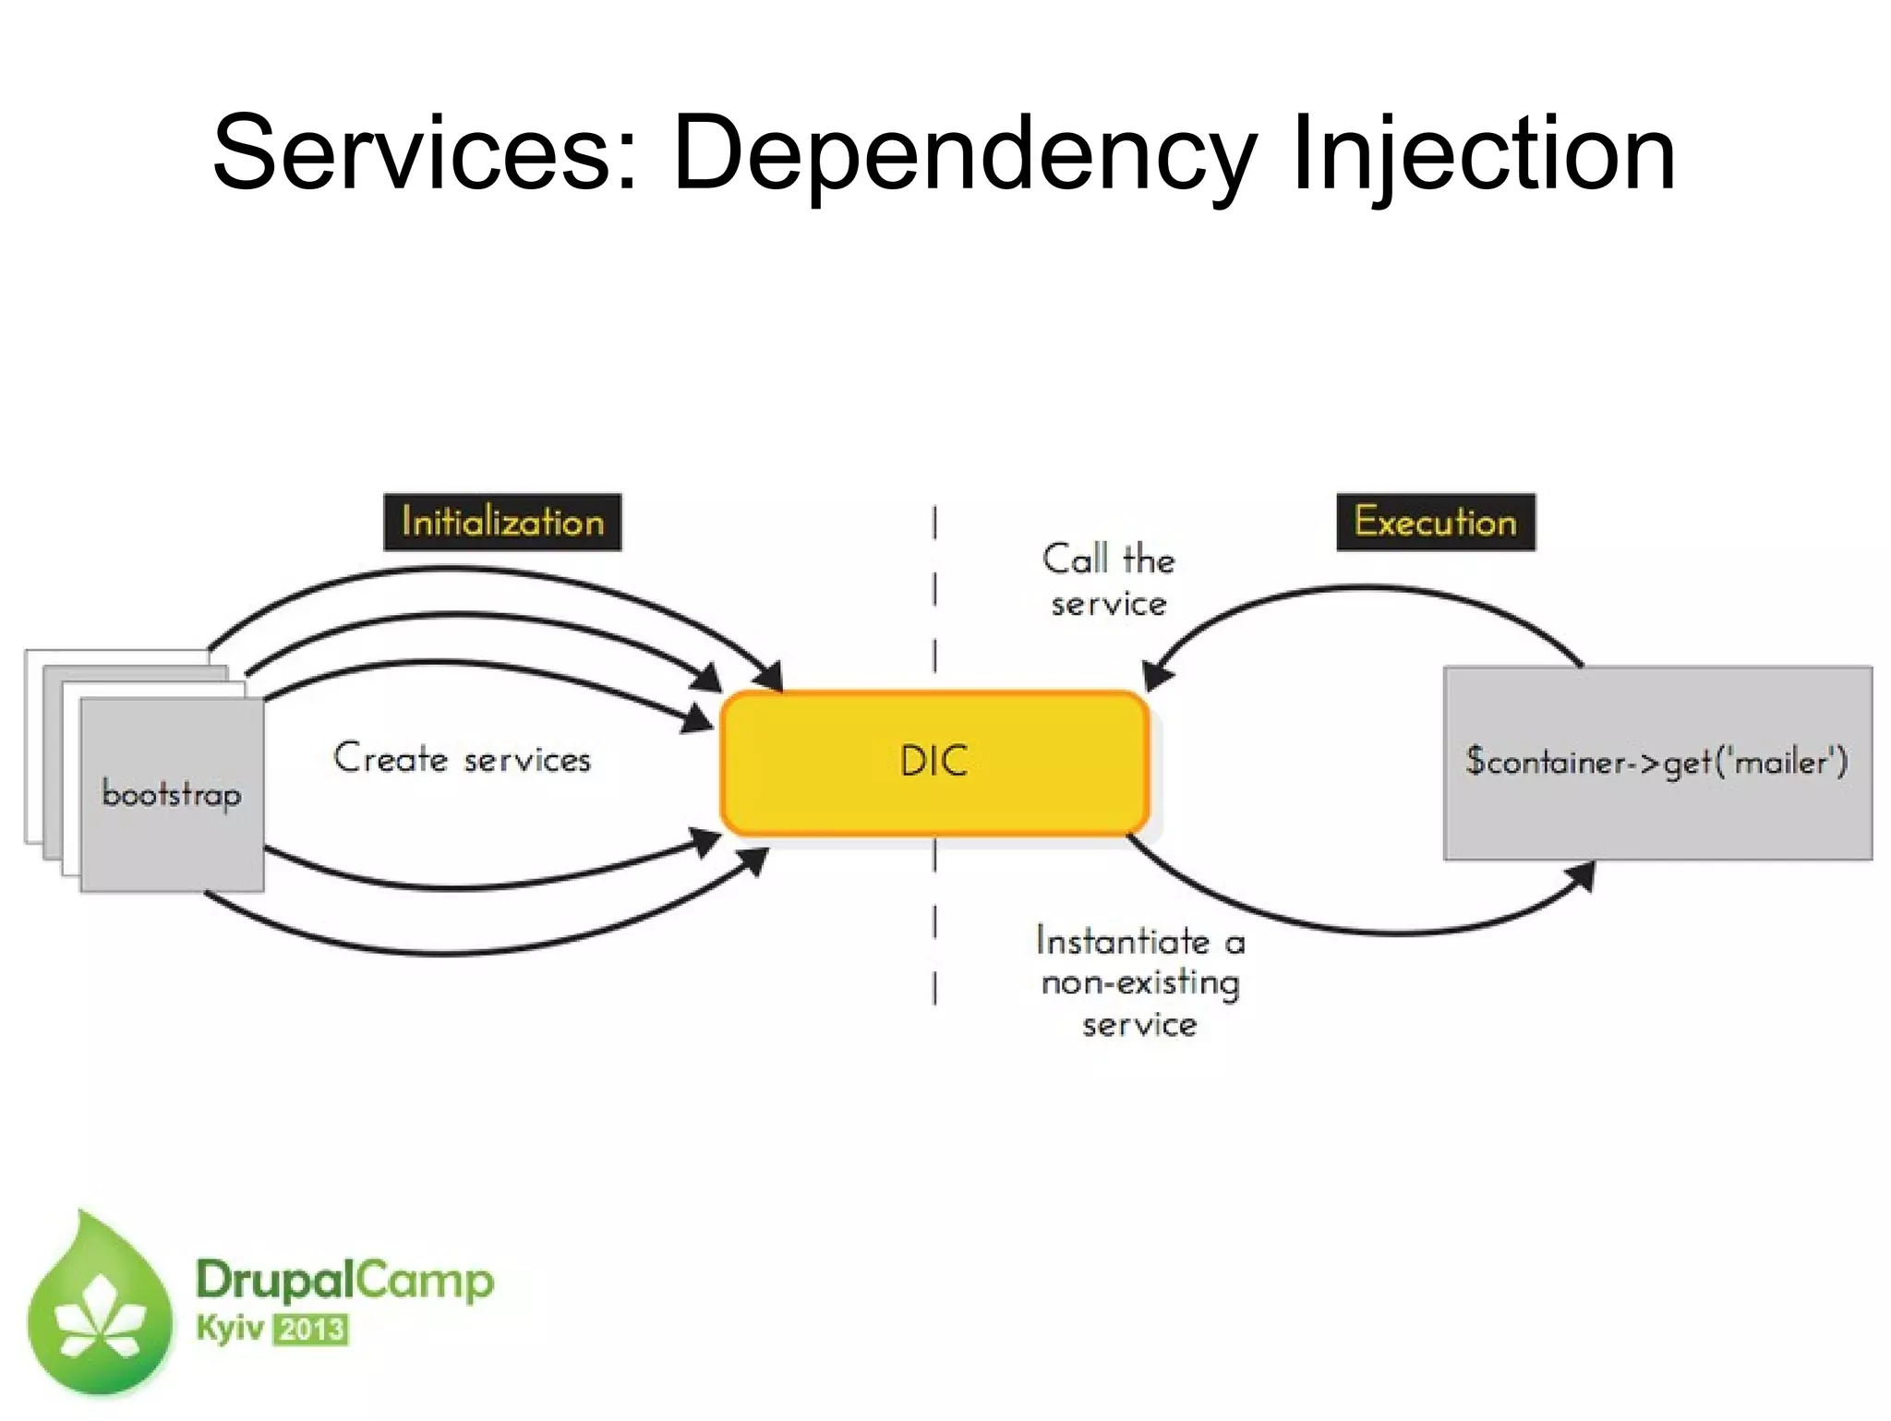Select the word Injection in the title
[x=1483, y=153]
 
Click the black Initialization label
[x=502, y=523]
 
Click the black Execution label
[x=1435, y=523]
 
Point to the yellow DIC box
[x=934, y=763]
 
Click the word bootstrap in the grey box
[x=172, y=794]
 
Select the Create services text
[x=462, y=759]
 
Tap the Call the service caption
[x=1108, y=582]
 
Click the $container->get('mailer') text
[x=1656, y=763]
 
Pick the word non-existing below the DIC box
[x=1140, y=983]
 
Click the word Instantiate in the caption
[x=1123, y=942]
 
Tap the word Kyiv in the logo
[x=229, y=1330]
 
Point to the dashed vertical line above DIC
[x=934, y=591]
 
